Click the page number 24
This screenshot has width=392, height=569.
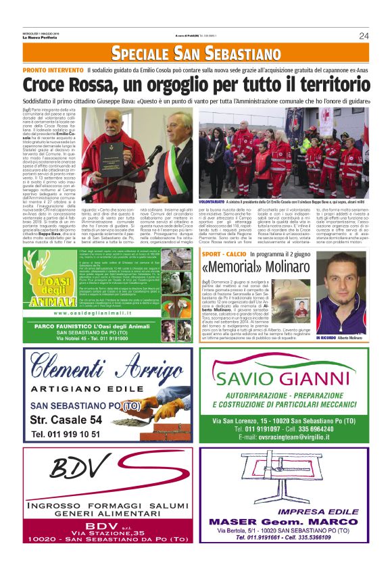click(364, 36)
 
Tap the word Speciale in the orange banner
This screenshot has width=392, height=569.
click(139, 53)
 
